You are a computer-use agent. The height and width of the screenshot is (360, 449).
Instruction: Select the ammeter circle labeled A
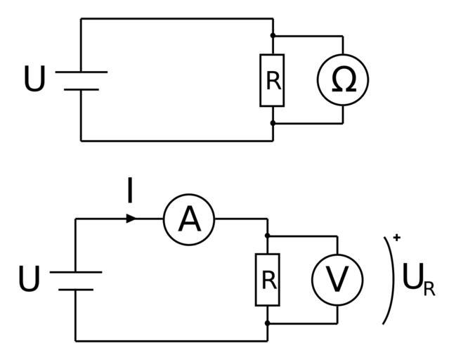click(189, 219)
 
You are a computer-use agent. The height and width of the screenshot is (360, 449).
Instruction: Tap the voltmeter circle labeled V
click(338, 280)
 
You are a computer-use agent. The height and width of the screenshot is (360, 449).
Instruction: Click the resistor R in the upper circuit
click(273, 79)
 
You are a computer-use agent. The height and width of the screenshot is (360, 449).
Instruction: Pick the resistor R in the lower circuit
click(268, 280)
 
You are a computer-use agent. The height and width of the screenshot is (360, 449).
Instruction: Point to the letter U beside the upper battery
click(34, 79)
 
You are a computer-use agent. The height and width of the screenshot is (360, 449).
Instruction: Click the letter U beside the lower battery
click(29, 280)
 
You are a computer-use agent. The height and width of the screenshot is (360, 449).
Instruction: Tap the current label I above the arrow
click(130, 191)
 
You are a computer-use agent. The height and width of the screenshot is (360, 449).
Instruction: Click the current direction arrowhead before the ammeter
click(131, 219)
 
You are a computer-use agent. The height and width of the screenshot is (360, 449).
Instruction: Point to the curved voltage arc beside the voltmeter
click(391, 280)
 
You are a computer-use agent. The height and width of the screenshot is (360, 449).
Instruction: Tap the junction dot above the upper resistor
click(273, 35)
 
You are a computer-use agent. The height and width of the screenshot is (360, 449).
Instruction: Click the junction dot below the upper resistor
click(273, 123)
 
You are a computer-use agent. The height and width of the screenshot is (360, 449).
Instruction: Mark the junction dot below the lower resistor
click(268, 323)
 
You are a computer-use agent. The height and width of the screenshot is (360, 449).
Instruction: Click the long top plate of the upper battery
click(81, 72)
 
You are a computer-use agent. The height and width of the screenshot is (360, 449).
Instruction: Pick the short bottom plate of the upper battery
click(81, 89)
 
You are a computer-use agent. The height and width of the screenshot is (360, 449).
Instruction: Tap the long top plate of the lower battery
click(76, 272)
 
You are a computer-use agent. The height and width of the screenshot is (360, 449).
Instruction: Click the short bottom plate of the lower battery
click(76, 289)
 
